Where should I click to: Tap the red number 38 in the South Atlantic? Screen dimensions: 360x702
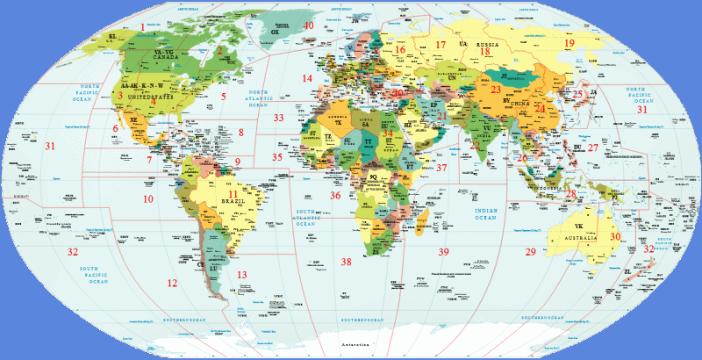coord(347,262)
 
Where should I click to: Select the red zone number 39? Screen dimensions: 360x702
coord(443,252)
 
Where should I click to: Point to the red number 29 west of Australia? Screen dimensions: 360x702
coord(530,252)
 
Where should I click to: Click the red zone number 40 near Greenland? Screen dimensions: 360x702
coord(308,25)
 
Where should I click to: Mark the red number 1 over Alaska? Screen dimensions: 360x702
coord(142,27)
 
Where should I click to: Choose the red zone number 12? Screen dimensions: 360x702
coord(172,283)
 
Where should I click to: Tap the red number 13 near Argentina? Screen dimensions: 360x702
coord(242,275)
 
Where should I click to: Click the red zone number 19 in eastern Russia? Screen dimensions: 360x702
coord(569,43)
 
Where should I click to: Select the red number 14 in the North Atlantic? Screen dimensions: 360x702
coord(307,78)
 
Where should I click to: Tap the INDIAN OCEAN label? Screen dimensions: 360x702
coord(491,215)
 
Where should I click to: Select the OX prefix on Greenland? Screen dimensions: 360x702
coord(276,32)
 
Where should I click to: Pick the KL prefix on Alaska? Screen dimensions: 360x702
coord(112,37)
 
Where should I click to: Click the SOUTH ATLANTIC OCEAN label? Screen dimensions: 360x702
coord(304,218)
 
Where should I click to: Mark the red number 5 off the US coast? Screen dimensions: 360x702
coord(224,96)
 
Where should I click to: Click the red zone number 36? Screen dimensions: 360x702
coord(334,195)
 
